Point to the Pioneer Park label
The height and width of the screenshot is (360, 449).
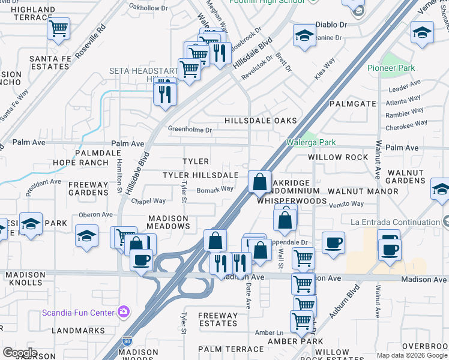coord(391,68)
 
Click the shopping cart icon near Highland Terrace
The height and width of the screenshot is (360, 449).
coord(58,28)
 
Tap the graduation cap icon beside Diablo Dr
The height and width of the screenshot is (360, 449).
coord(304,35)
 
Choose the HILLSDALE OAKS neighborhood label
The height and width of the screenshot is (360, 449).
coord(261,121)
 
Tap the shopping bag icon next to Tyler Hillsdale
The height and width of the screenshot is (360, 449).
coord(259,181)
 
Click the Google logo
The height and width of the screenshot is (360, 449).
coord(20,353)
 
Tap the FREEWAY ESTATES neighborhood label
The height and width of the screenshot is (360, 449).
coord(218,319)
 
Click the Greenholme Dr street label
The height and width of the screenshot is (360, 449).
coord(190,130)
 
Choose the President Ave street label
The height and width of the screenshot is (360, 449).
coord(43,186)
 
